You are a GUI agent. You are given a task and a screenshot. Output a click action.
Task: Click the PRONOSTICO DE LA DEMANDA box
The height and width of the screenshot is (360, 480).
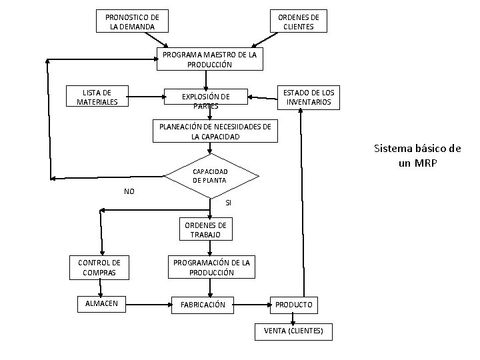pyautogui.click(x=132, y=21)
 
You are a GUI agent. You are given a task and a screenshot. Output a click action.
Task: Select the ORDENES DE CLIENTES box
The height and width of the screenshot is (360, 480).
pyautogui.click(x=299, y=21)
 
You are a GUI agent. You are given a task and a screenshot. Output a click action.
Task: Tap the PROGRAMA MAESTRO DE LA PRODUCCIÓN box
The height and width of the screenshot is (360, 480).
pyautogui.click(x=210, y=59)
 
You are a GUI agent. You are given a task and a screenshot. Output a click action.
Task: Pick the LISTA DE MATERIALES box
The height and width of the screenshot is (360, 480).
pyautogui.click(x=97, y=96)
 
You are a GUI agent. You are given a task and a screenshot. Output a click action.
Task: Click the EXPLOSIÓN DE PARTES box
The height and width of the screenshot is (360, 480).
pyautogui.click(x=206, y=97)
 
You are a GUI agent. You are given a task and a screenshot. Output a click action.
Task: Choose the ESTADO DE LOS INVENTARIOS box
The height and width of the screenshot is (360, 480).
pyautogui.click(x=309, y=97)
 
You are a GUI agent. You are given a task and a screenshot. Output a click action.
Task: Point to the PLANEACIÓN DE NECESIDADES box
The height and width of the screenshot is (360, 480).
pyautogui.click(x=215, y=131)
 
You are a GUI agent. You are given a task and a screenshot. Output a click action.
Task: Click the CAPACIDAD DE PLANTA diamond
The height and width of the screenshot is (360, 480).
pyautogui.click(x=211, y=176)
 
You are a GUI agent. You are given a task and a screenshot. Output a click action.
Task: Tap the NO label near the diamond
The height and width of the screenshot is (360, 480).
pyautogui.click(x=129, y=191)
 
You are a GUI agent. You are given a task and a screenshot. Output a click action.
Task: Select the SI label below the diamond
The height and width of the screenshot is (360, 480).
pyautogui.click(x=229, y=203)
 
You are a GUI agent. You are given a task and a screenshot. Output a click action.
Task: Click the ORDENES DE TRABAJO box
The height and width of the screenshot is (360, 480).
pyautogui.click(x=206, y=229)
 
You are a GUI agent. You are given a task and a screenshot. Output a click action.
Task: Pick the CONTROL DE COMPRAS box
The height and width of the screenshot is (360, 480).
pyautogui.click(x=99, y=267)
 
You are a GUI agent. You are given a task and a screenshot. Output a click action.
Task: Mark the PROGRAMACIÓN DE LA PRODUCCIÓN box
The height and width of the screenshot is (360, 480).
pyautogui.click(x=211, y=267)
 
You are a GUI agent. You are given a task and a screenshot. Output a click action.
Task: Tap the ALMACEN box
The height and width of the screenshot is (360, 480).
pyautogui.click(x=101, y=304)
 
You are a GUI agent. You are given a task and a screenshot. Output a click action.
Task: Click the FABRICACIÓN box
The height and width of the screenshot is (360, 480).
pyautogui.click(x=203, y=305)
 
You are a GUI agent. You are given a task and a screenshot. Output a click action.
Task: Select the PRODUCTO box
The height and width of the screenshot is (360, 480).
pyautogui.click(x=294, y=305)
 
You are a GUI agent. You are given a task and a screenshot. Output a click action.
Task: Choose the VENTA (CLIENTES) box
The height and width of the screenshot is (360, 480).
pyautogui.click(x=293, y=331)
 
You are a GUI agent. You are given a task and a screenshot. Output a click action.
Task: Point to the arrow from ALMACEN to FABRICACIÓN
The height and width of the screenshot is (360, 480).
pyautogui.click(x=149, y=305)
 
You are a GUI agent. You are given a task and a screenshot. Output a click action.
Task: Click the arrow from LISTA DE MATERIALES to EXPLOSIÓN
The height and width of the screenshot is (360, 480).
pyautogui.click(x=146, y=97)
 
